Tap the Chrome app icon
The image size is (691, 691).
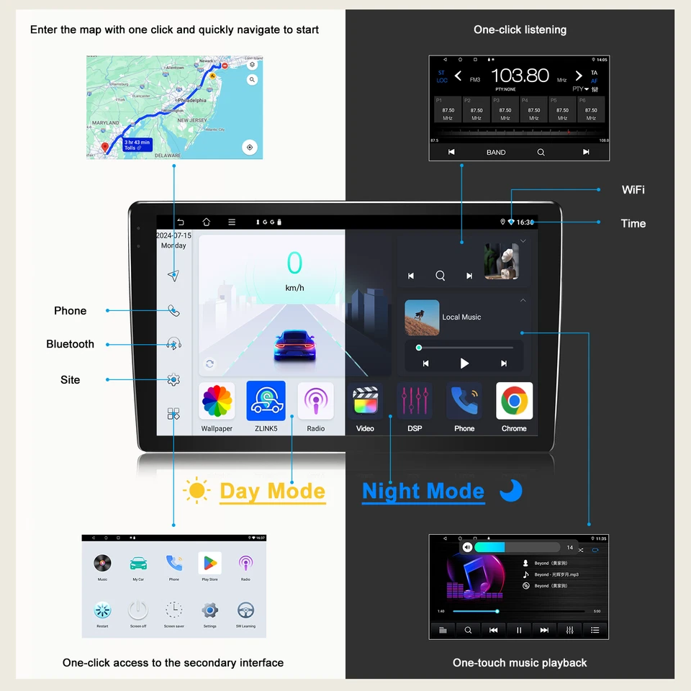click(x=514, y=401)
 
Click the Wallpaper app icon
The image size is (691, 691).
click(x=217, y=401)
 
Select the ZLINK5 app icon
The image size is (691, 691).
click(x=266, y=401)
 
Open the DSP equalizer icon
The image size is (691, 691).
click(x=415, y=401)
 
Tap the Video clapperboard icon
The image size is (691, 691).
click(x=365, y=401)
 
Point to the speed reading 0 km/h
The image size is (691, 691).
click(x=294, y=270)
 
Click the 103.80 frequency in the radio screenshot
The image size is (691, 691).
click(x=520, y=76)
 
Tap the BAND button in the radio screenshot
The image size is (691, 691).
click(x=496, y=153)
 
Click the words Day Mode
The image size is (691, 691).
click(x=272, y=492)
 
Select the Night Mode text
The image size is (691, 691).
click(x=423, y=492)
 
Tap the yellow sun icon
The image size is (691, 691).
click(x=197, y=491)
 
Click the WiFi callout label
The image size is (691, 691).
click(x=633, y=190)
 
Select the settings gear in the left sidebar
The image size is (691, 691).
click(x=173, y=380)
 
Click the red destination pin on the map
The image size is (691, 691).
click(x=107, y=148)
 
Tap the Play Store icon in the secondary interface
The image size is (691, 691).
click(x=209, y=563)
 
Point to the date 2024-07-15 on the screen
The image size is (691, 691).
click(x=173, y=235)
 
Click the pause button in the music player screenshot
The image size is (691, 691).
click(x=519, y=630)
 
